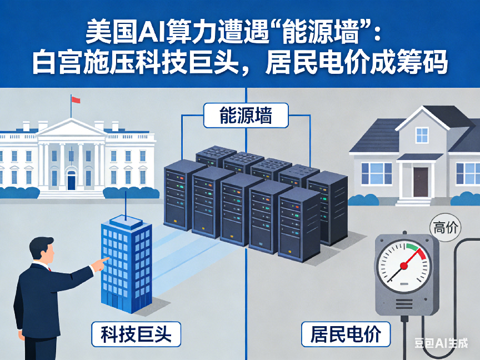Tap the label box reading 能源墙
pos(245,117)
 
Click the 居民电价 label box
pos(346,334)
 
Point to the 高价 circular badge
pos(445,227)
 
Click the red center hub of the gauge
pos(404,266)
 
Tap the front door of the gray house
pos(421,181)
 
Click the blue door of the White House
pos(71,180)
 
